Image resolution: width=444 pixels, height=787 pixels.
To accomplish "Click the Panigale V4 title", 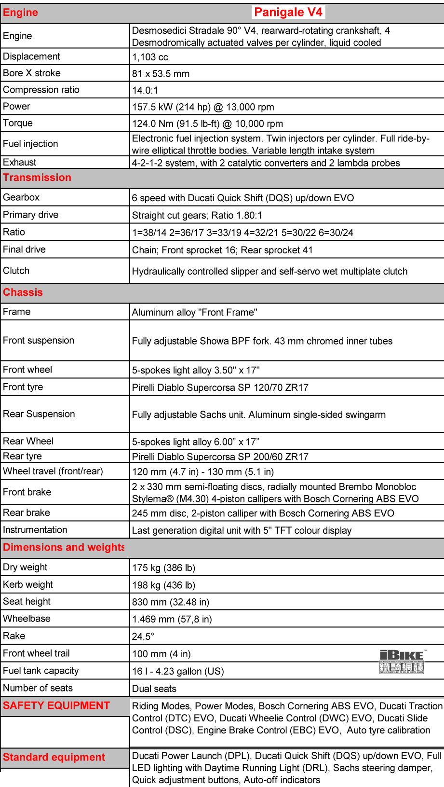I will (288, 12).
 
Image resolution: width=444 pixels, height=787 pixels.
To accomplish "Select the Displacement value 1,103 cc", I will (150, 57).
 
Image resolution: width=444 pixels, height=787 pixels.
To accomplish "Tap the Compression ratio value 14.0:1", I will (145, 90).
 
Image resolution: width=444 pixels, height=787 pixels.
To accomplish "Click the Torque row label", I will (18, 123).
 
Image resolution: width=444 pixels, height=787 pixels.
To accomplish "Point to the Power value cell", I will (203, 107).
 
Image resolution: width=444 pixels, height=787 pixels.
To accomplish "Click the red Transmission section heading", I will (37, 178).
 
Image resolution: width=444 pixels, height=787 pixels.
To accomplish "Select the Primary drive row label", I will (30, 215).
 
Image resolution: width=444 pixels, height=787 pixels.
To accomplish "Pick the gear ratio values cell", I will (242, 233).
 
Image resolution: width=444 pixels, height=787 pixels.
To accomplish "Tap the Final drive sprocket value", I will (222, 250).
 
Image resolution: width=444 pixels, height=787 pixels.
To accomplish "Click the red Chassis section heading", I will (23, 292).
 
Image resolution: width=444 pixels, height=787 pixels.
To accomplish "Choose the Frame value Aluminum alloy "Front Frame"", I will (195, 312).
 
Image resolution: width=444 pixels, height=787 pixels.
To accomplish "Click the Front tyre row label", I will (23, 387).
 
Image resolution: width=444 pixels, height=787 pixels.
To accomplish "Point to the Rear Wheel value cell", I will (195, 442).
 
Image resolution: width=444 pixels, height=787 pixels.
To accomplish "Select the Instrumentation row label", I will (35, 530).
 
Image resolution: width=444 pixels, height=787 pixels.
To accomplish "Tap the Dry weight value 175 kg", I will (163, 568).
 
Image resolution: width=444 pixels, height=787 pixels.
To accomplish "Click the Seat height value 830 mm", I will (171, 602).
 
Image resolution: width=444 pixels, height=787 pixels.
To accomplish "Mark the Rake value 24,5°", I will (143, 636).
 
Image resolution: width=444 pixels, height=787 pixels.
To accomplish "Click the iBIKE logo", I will (402, 662).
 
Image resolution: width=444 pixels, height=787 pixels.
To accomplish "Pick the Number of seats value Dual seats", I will (154, 689).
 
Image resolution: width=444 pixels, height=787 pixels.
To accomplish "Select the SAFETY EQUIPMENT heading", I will (56, 705).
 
